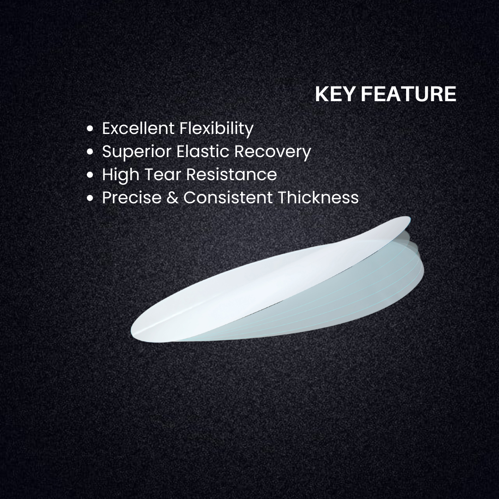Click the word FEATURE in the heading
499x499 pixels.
(x=408, y=94)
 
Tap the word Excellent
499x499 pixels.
(x=138, y=128)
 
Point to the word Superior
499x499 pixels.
(x=136, y=152)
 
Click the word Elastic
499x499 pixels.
(x=203, y=151)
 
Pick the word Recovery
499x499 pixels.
(x=273, y=152)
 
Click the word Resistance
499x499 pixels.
(x=231, y=174)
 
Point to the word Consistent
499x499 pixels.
(x=228, y=197)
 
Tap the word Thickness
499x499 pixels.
(x=318, y=197)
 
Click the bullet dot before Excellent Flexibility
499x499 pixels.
(x=90, y=129)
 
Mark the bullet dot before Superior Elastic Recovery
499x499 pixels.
(x=90, y=152)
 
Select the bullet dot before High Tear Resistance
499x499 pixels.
(x=90, y=175)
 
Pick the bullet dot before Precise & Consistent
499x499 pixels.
(x=90, y=198)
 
